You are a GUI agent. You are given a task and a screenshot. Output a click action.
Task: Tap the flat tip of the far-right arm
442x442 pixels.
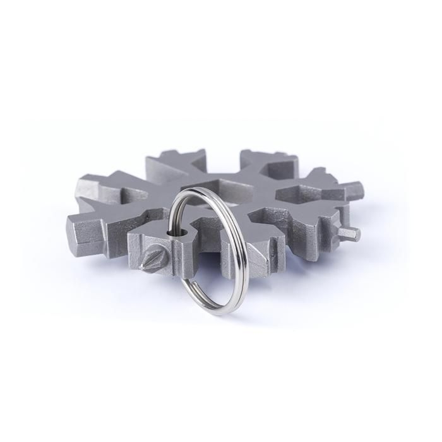pos(355,190)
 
